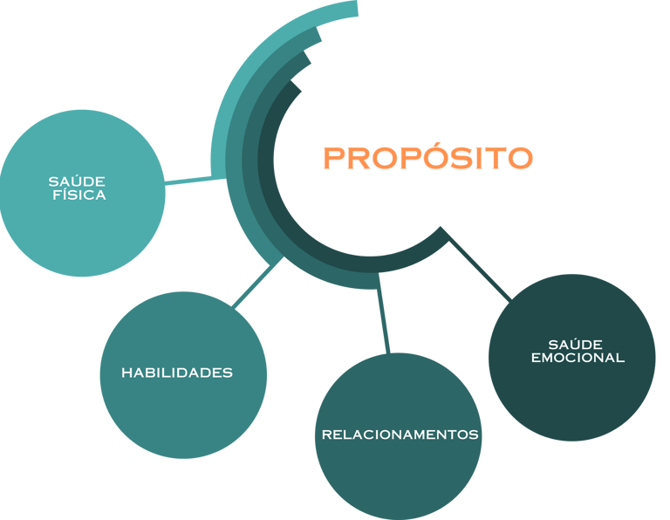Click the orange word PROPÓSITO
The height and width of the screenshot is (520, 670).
[x=427, y=158]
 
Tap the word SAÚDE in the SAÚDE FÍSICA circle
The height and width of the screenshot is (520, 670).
[x=77, y=181]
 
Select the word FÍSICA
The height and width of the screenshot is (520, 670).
[x=79, y=195]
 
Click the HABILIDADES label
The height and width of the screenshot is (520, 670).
[x=177, y=373]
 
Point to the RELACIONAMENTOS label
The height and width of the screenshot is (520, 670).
[x=400, y=434]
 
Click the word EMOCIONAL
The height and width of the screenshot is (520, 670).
[x=578, y=358]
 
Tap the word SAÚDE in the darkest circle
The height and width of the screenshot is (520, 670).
[x=576, y=345]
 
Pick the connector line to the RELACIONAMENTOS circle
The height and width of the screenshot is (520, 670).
[x=383, y=318]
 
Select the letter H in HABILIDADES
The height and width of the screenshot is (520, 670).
[x=126, y=373]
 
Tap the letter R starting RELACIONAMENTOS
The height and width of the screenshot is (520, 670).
[x=326, y=434]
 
